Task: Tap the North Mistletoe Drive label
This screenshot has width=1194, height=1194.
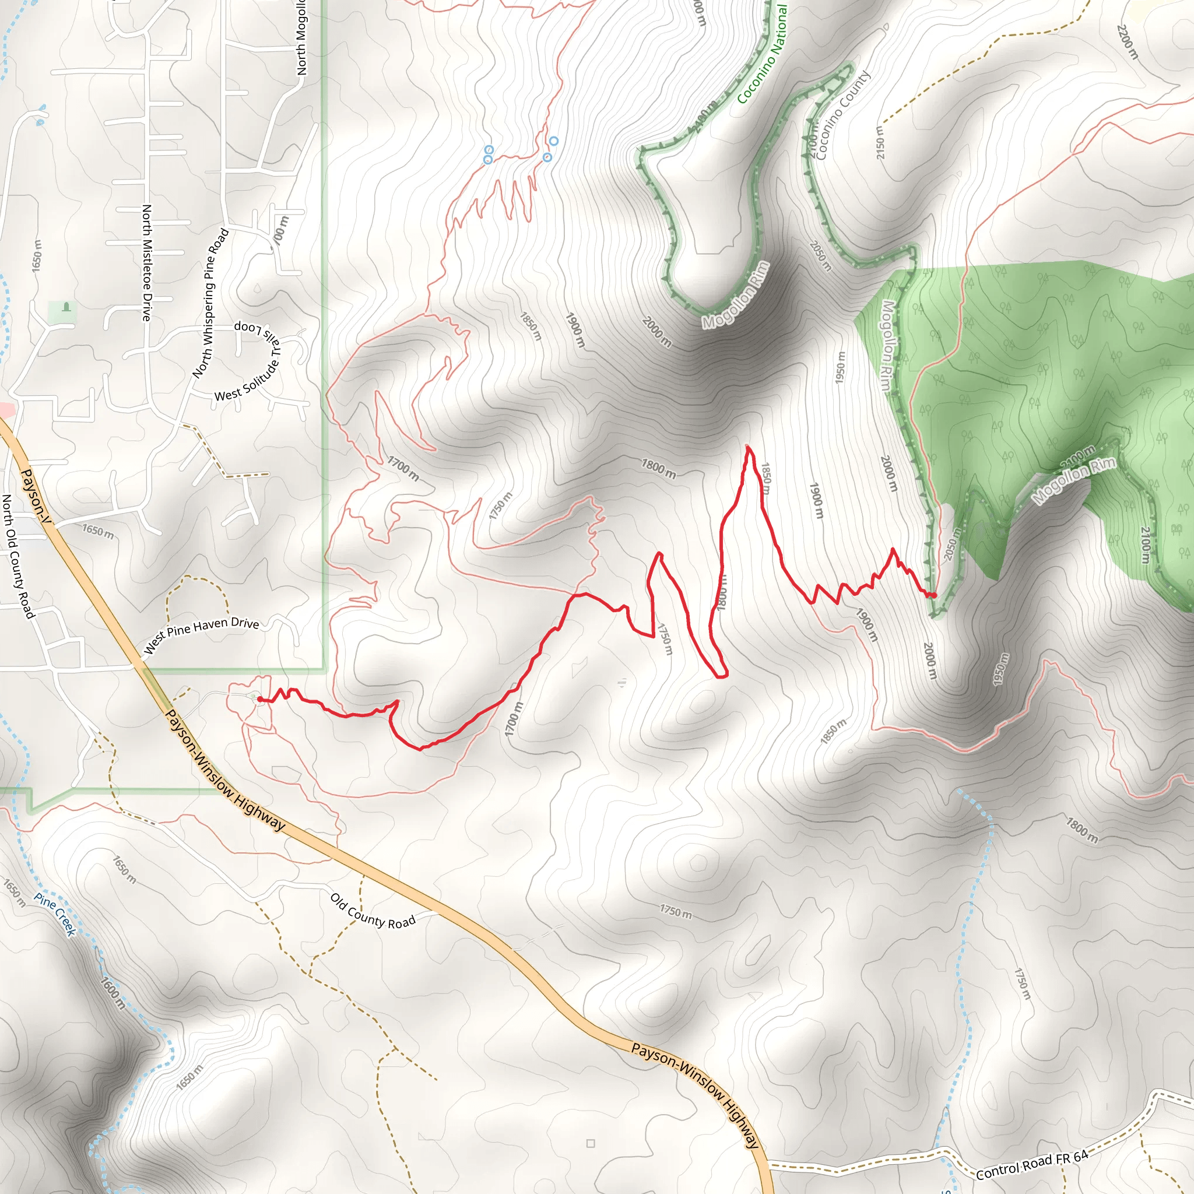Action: click(x=146, y=263)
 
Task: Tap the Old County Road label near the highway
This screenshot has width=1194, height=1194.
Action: click(x=372, y=912)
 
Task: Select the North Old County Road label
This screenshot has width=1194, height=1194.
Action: click(x=17, y=556)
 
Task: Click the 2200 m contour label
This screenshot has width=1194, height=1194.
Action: click(x=1128, y=41)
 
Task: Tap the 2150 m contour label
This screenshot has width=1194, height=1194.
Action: click(x=880, y=142)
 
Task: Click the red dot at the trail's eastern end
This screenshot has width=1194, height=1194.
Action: click(x=934, y=595)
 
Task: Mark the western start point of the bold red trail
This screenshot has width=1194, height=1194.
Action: click(x=260, y=699)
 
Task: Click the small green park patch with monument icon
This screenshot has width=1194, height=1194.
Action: click(x=63, y=311)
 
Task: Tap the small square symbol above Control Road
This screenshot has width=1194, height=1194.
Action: click(x=590, y=1143)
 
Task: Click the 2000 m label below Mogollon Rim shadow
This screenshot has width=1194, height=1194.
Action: click(x=656, y=331)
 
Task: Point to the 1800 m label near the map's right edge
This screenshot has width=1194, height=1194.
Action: click(x=1081, y=830)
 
